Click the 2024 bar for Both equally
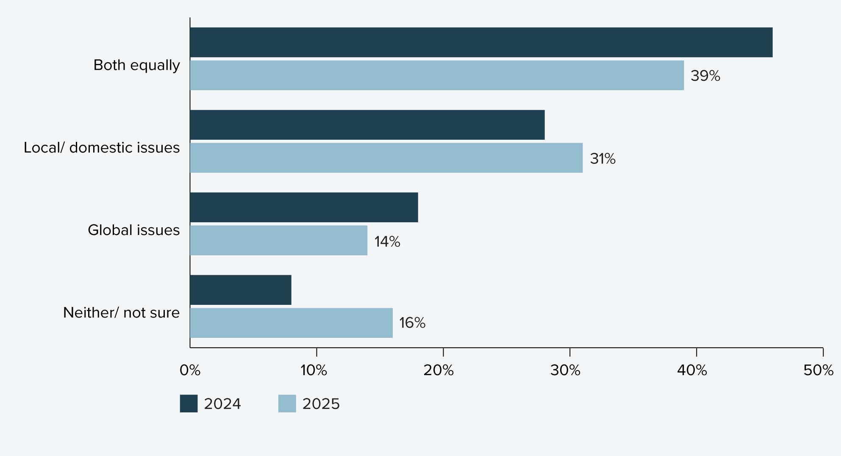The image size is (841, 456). [481, 42]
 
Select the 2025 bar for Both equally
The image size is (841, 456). [436, 75]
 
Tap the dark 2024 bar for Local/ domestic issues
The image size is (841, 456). [367, 125]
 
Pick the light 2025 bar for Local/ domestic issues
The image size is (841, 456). [386, 158]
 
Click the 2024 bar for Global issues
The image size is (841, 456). [304, 207]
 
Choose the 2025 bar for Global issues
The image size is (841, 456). [278, 240]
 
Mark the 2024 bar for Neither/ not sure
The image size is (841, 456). [241, 290]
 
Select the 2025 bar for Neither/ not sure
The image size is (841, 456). [291, 323]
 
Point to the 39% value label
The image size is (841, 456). [705, 76]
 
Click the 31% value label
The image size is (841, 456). [602, 159]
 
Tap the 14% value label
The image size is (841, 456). [387, 242]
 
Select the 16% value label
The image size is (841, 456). [412, 323]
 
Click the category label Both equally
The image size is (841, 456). [136, 65]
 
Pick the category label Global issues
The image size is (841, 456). [133, 230]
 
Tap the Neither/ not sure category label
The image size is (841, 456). [121, 312]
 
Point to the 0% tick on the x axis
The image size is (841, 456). [190, 370]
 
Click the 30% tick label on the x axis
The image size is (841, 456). [565, 370]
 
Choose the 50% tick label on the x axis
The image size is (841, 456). [818, 370]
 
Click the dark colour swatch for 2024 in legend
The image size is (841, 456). [189, 403]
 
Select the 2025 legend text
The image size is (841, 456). [321, 404]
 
